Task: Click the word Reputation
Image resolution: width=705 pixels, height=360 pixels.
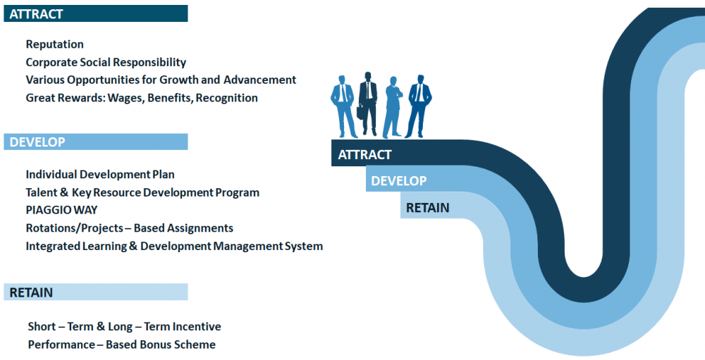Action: point(54,44)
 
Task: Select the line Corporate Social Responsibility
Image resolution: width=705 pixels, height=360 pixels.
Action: point(106,62)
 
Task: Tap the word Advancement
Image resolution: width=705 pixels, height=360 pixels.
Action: point(260,80)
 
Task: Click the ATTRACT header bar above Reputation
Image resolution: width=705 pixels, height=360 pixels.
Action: point(96,13)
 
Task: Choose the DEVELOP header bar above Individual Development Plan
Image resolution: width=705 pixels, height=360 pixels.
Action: point(96,142)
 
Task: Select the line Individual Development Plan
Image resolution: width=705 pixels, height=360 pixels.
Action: point(100,175)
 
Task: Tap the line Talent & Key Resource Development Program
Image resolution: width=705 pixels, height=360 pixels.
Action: point(142,192)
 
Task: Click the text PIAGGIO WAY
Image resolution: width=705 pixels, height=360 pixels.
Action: point(61,210)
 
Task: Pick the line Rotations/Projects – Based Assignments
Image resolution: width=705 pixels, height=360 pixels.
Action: point(130,228)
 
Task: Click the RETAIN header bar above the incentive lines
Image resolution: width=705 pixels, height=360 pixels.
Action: point(96,292)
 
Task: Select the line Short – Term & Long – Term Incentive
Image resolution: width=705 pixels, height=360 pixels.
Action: point(124,326)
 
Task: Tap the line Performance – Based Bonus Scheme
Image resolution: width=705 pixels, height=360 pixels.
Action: point(121,345)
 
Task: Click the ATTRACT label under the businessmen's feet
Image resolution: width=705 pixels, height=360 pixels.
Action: point(364,154)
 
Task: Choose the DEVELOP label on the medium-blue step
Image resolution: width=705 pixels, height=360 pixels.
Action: point(399,180)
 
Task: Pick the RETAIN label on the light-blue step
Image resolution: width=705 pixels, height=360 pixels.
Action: point(428,208)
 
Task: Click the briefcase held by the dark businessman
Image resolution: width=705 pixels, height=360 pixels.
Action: point(360,112)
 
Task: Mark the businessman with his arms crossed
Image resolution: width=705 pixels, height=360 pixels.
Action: point(393,107)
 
